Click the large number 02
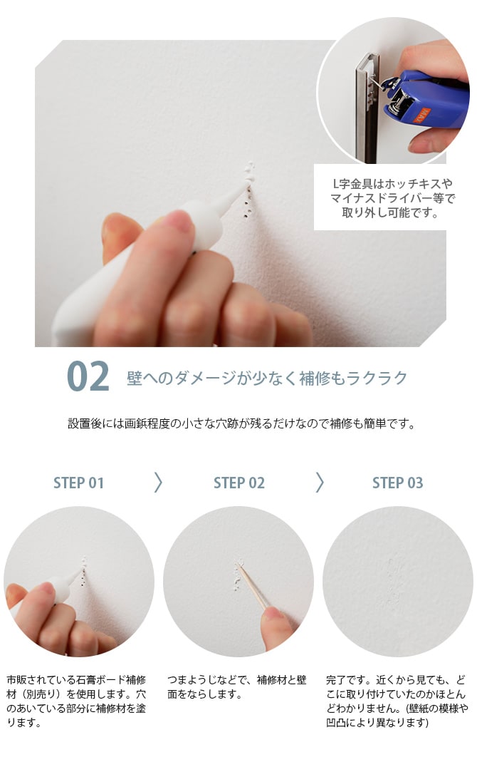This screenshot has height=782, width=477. tap(88, 377)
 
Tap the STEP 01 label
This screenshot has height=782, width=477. tap(78, 483)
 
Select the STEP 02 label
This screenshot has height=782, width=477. tap(238, 483)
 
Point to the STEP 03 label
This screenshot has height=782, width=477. tap(397, 483)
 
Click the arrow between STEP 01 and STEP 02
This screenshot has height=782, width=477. tap(158, 483)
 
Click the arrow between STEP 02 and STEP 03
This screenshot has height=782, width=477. tap(319, 483)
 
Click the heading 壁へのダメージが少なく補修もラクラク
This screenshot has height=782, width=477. tap(267, 378)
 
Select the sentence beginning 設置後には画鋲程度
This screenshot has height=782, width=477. tap(241, 423)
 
